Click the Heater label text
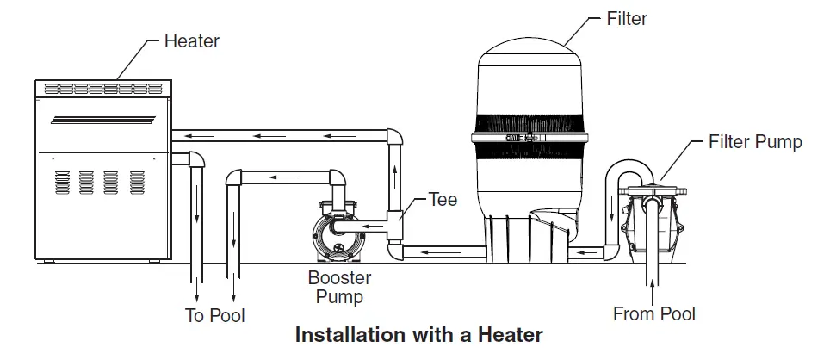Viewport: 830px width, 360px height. point(190,40)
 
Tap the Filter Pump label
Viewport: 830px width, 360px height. point(754,141)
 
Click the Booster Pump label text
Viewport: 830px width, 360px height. point(339,287)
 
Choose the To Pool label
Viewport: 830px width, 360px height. point(215,315)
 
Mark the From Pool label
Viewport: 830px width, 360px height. point(653,313)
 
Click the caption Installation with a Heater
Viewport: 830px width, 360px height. point(418,335)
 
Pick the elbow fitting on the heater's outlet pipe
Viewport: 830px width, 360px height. point(195,159)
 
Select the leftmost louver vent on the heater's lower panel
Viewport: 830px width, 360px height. point(61,182)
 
